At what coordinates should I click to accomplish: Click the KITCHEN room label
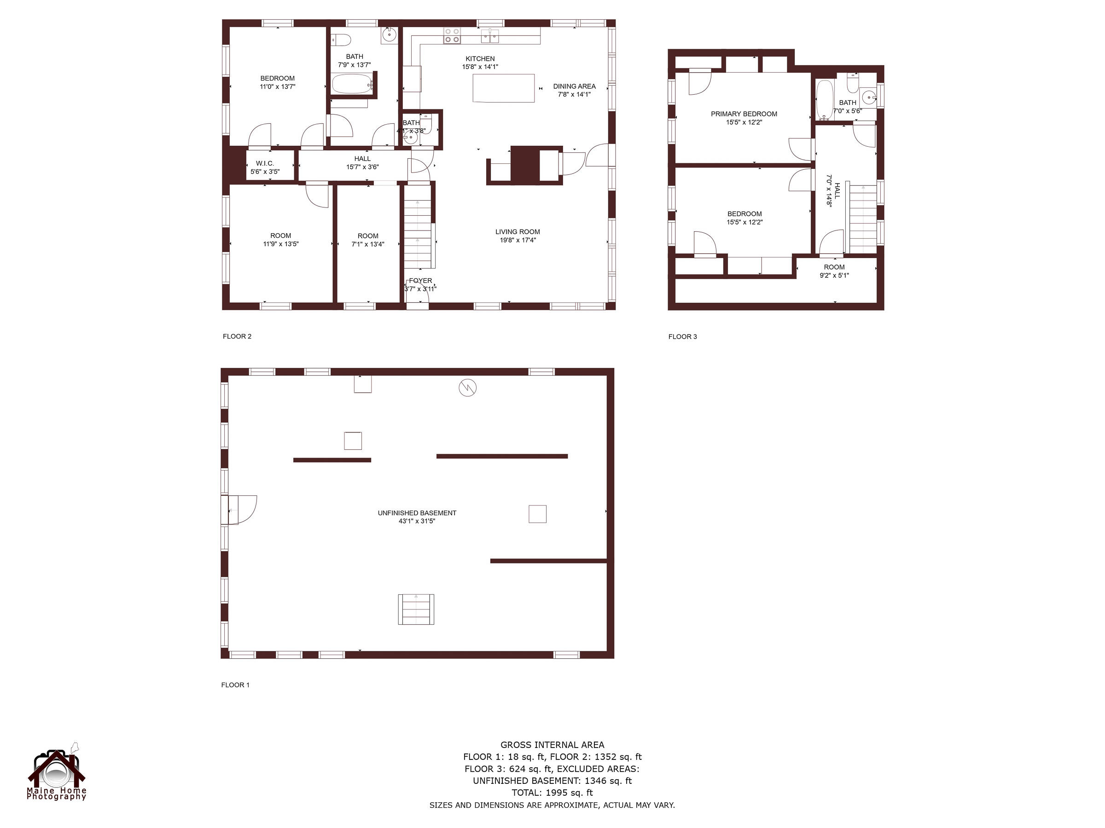click(x=480, y=59)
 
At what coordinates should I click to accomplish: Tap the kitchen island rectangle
click(x=504, y=88)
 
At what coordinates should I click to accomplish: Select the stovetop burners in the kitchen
click(x=452, y=35)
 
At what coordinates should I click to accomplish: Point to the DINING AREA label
click(x=574, y=86)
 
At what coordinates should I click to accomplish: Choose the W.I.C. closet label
click(x=265, y=164)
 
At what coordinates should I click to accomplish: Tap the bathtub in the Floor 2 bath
click(x=352, y=84)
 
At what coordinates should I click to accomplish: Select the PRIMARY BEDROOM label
click(x=744, y=114)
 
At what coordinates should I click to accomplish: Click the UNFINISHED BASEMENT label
click(x=417, y=513)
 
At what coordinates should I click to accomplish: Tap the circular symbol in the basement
click(x=468, y=387)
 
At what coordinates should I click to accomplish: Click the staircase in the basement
click(x=416, y=609)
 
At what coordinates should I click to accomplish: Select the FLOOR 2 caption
click(x=237, y=336)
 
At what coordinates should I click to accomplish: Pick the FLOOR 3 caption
click(x=682, y=337)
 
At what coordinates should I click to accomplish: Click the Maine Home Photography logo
click(x=57, y=771)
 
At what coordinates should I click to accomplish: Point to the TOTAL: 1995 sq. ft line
click(x=552, y=793)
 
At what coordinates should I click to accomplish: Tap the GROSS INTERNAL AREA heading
click(x=552, y=745)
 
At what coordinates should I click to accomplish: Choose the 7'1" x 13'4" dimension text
click(x=368, y=245)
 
